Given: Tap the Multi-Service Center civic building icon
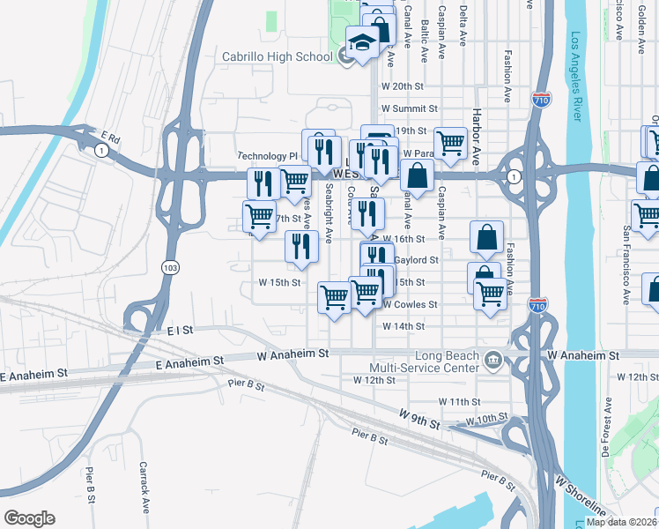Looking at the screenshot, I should pos(492,358).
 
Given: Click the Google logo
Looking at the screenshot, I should pos(29,518).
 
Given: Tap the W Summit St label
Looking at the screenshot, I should pos(409,108).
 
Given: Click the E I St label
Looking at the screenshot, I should pos(179,329).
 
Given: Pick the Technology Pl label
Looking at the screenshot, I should pos(268,155).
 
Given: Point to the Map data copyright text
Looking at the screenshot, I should pos(621,522).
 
